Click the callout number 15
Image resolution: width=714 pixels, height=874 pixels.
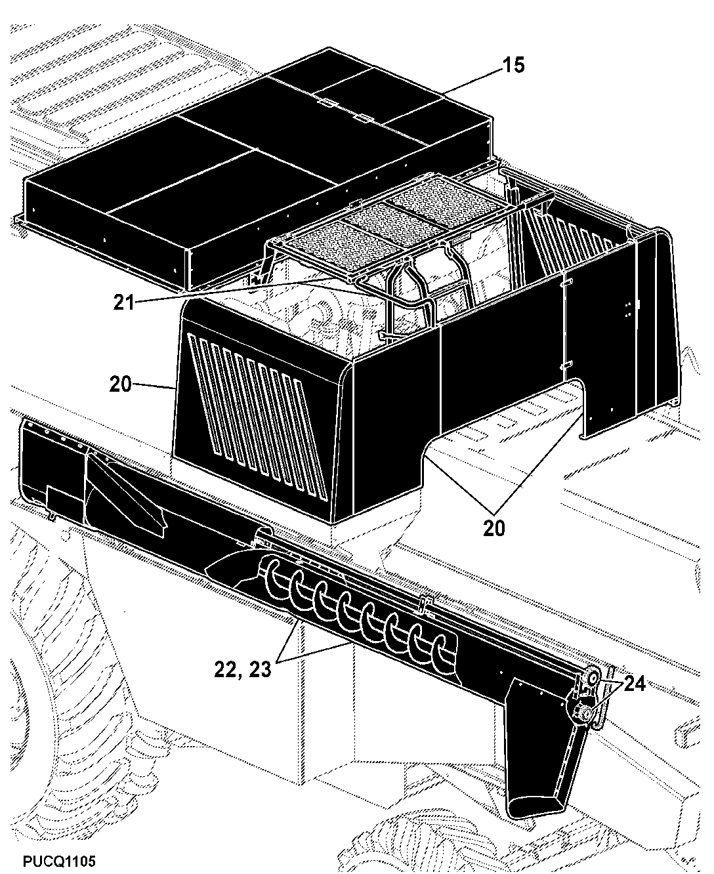[513, 66]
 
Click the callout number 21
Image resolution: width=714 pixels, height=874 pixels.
[124, 302]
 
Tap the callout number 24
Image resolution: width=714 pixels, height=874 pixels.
[635, 684]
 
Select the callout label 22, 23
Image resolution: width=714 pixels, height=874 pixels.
[243, 670]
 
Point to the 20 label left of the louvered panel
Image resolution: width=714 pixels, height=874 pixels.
[121, 384]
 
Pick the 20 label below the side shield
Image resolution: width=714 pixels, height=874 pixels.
[494, 528]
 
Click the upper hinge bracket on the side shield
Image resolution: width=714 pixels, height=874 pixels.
[566, 281]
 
